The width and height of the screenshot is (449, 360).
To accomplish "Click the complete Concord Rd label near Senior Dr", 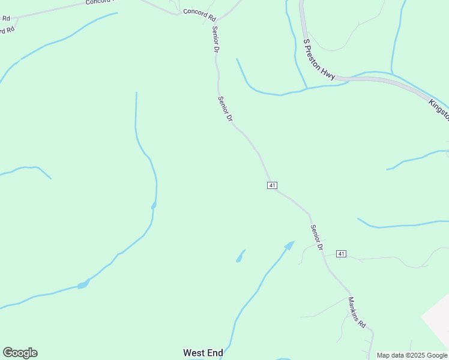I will tap(199, 13).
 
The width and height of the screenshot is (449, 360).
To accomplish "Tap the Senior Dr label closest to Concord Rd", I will tap(214, 40).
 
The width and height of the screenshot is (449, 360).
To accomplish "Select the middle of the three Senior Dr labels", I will tap(225, 110).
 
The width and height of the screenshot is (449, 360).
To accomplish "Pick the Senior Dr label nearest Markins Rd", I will tap(317, 238).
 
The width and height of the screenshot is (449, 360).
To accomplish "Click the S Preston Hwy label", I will tap(318, 59).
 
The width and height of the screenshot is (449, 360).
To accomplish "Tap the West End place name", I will tap(203, 353).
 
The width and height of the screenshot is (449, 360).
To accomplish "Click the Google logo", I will tap(20, 353).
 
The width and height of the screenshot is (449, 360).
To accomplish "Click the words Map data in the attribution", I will tap(390, 355).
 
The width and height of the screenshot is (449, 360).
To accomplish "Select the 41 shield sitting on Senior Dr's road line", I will tap(272, 185).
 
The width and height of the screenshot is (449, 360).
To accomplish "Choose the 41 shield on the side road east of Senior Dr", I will tap(341, 254).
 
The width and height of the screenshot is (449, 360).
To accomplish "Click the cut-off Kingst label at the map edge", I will tap(439, 110).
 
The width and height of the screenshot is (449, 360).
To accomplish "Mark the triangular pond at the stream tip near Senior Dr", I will tap(290, 245).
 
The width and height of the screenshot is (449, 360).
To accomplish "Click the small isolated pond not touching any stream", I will tap(240, 257).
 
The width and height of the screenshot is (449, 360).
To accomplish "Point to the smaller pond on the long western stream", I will tap(154, 205).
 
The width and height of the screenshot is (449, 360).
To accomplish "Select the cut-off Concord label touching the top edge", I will tap(98, 2).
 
